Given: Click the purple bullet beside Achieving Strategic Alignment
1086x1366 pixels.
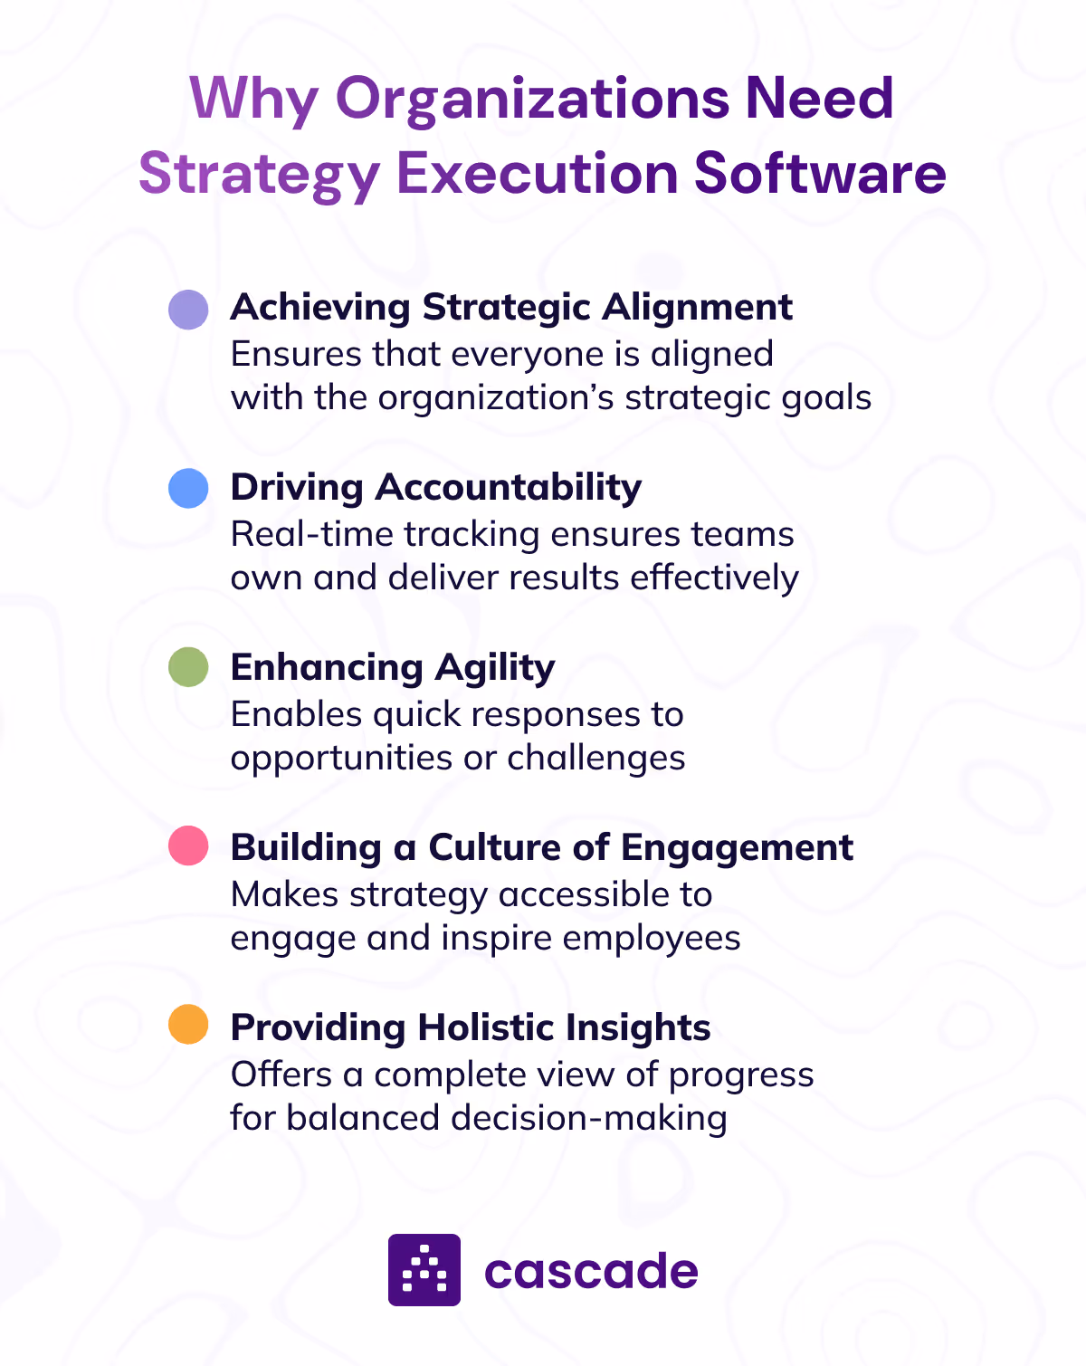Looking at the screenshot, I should (188, 310).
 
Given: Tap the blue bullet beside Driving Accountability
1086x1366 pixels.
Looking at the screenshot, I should (188, 489).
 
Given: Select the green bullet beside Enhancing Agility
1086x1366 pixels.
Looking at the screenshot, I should (188, 668).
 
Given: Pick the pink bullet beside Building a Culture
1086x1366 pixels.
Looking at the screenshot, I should (188, 847).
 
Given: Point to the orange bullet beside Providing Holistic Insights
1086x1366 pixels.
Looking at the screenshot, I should (188, 1026).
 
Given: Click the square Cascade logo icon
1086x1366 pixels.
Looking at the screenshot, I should (424, 1269).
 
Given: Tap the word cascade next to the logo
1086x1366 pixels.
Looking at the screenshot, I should (591, 1271).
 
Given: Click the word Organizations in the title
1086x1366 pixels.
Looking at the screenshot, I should (532, 99).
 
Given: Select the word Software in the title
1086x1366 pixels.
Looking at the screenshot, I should (820, 173).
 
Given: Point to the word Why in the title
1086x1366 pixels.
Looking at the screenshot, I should (252, 100).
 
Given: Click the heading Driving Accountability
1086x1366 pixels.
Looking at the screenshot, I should (436, 488).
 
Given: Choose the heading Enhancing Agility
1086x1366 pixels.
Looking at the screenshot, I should (393, 668).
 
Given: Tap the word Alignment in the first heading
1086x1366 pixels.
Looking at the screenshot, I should (698, 309).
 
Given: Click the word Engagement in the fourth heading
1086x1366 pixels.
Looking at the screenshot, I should (737, 848).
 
